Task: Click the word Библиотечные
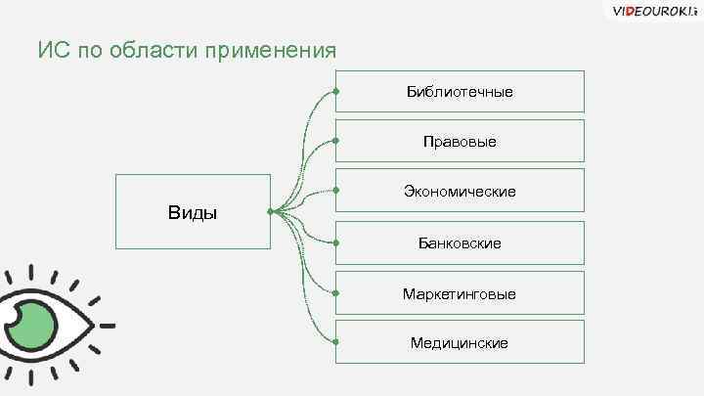point(460,92)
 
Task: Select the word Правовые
point(460,142)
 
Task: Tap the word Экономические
point(460,192)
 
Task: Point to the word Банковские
point(460,242)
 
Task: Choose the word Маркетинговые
point(460,293)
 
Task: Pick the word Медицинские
point(460,343)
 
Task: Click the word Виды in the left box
point(193,213)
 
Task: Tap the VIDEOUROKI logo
point(652,12)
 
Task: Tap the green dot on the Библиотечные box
point(335,91)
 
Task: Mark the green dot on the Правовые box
point(335,141)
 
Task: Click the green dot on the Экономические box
point(335,191)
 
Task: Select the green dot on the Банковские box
point(335,242)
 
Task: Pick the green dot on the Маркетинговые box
point(335,292)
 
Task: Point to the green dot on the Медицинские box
point(335,342)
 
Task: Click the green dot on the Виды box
point(271,211)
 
